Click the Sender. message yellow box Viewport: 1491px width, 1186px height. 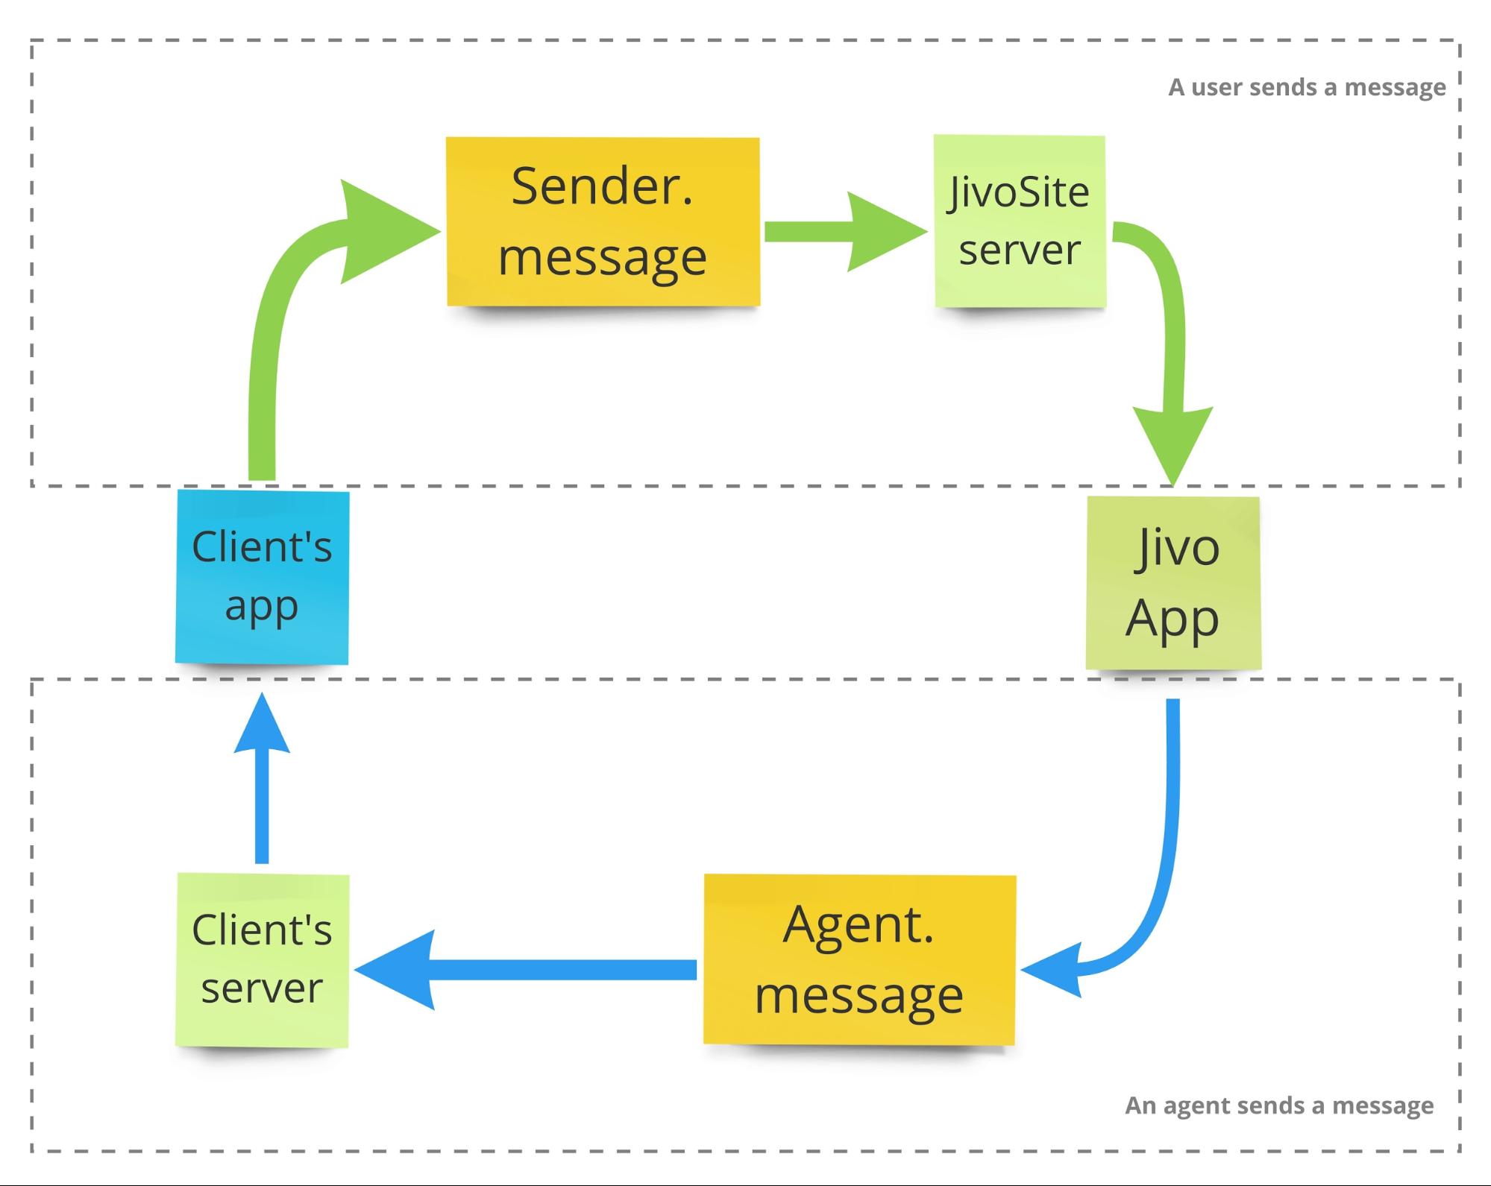pyautogui.click(x=603, y=221)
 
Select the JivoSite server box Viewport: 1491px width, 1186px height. pyautogui.click(x=1020, y=221)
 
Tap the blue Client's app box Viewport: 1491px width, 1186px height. pyautogui.click(x=262, y=576)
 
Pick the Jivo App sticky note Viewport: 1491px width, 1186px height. pyautogui.click(x=1173, y=583)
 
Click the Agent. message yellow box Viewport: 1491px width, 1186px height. pyautogui.click(x=859, y=959)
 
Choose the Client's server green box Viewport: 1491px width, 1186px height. pyautogui.click(x=262, y=960)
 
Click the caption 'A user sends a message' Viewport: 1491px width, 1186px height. pyautogui.click(x=1307, y=87)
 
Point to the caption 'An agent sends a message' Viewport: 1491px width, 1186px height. pyautogui.click(x=1278, y=1105)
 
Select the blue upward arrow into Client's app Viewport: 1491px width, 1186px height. pyautogui.click(x=262, y=783)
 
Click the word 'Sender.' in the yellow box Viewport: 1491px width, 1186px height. pyautogui.click(x=602, y=186)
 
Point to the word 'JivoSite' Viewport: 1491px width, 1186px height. pyautogui.click(x=1019, y=192)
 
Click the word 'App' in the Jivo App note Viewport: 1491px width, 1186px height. pyautogui.click(x=1172, y=619)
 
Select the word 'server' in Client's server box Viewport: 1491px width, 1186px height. pyautogui.click(x=262, y=988)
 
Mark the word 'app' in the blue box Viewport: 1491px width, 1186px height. pyautogui.click(x=262, y=605)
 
